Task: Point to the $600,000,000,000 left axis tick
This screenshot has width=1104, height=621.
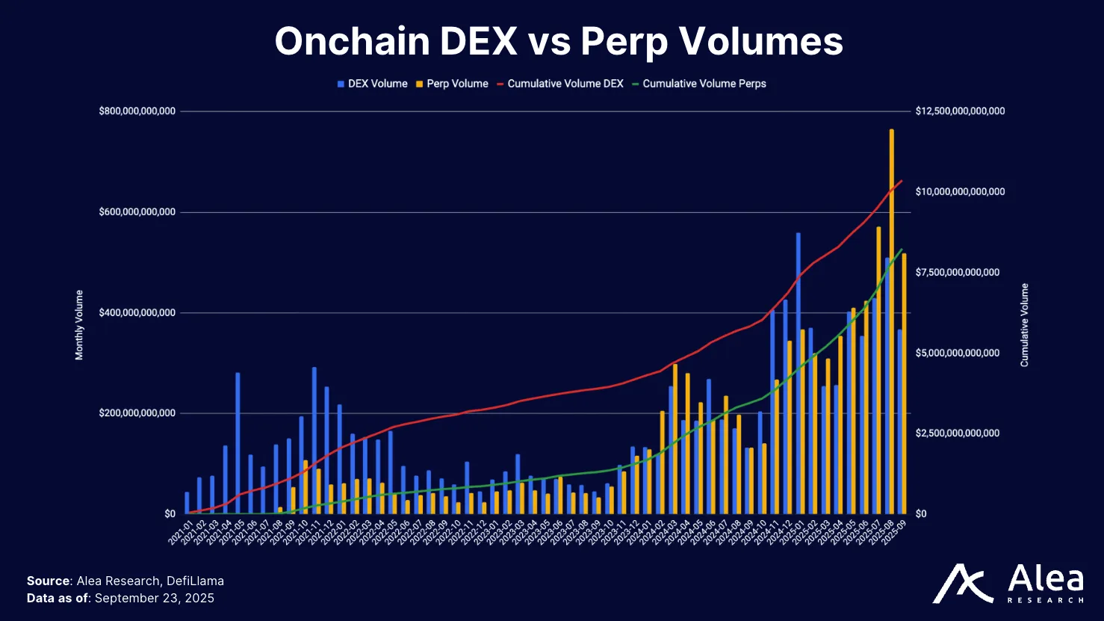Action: click(x=137, y=212)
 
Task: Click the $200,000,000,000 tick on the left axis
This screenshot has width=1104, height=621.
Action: click(x=137, y=413)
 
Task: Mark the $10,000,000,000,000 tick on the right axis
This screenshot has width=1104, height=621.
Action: click(x=960, y=192)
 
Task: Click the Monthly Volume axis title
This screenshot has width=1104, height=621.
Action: click(x=79, y=325)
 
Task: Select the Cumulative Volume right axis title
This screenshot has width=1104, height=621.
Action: click(x=1024, y=325)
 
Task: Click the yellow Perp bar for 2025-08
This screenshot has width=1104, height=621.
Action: click(x=891, y=321)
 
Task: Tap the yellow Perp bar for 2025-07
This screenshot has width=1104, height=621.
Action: click(x=878, y=370)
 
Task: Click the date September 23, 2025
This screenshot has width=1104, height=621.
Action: click(x=155, y=598)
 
